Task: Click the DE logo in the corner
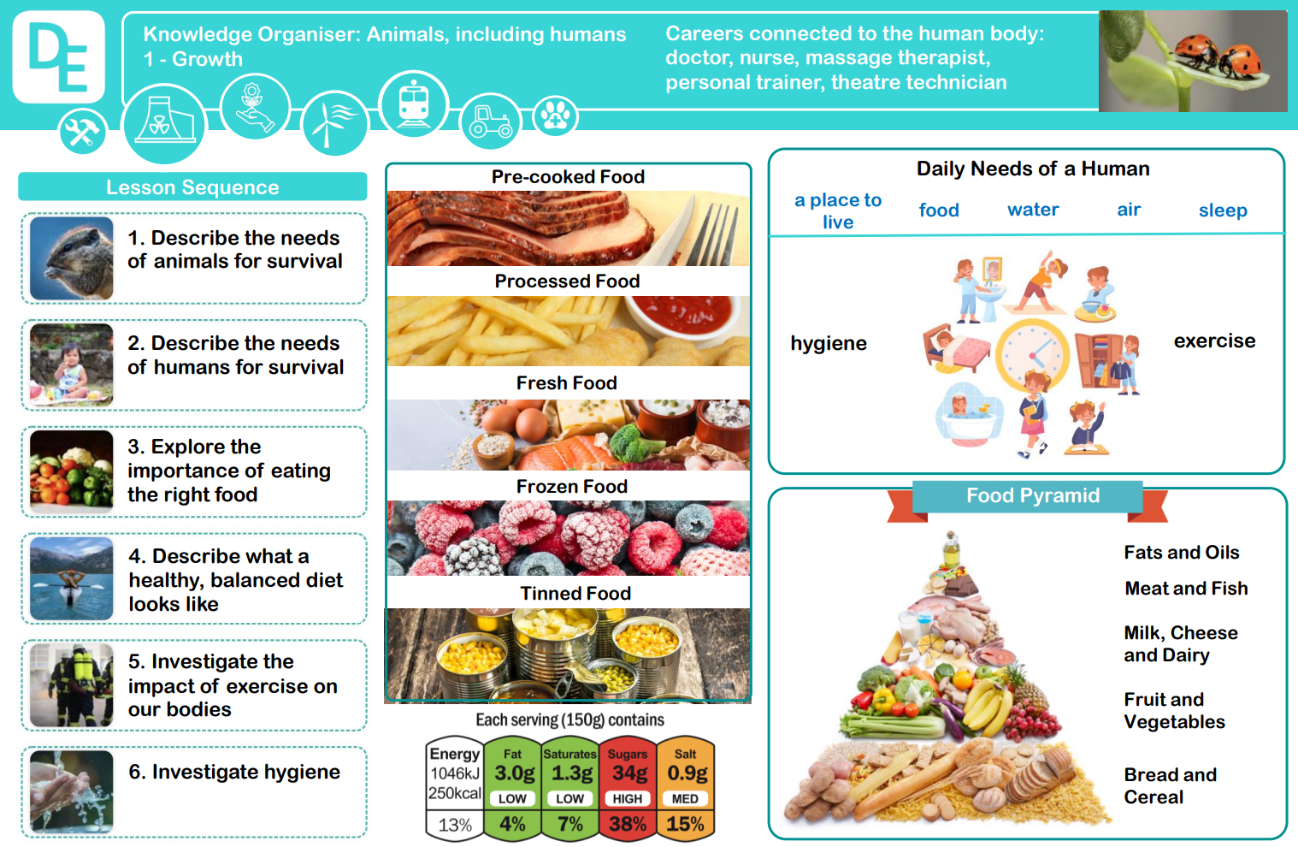coord(58,56)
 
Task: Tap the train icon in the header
coord(413,104)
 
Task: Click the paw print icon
coord(555,116)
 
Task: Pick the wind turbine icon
coord(334,123)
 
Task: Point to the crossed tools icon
coord(82,132)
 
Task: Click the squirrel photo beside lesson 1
coord(71,258)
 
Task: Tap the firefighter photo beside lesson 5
coord(71,685)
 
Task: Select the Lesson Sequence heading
coord(192,187)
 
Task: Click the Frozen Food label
coord(572,487)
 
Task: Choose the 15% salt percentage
coord(686,824)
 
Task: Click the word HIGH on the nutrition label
coord(628,799)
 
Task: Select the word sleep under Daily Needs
coord(1223,210)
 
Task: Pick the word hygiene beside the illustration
coord(829,343)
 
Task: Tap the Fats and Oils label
coord(1182,553)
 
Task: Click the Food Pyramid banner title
coord(1033,495)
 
